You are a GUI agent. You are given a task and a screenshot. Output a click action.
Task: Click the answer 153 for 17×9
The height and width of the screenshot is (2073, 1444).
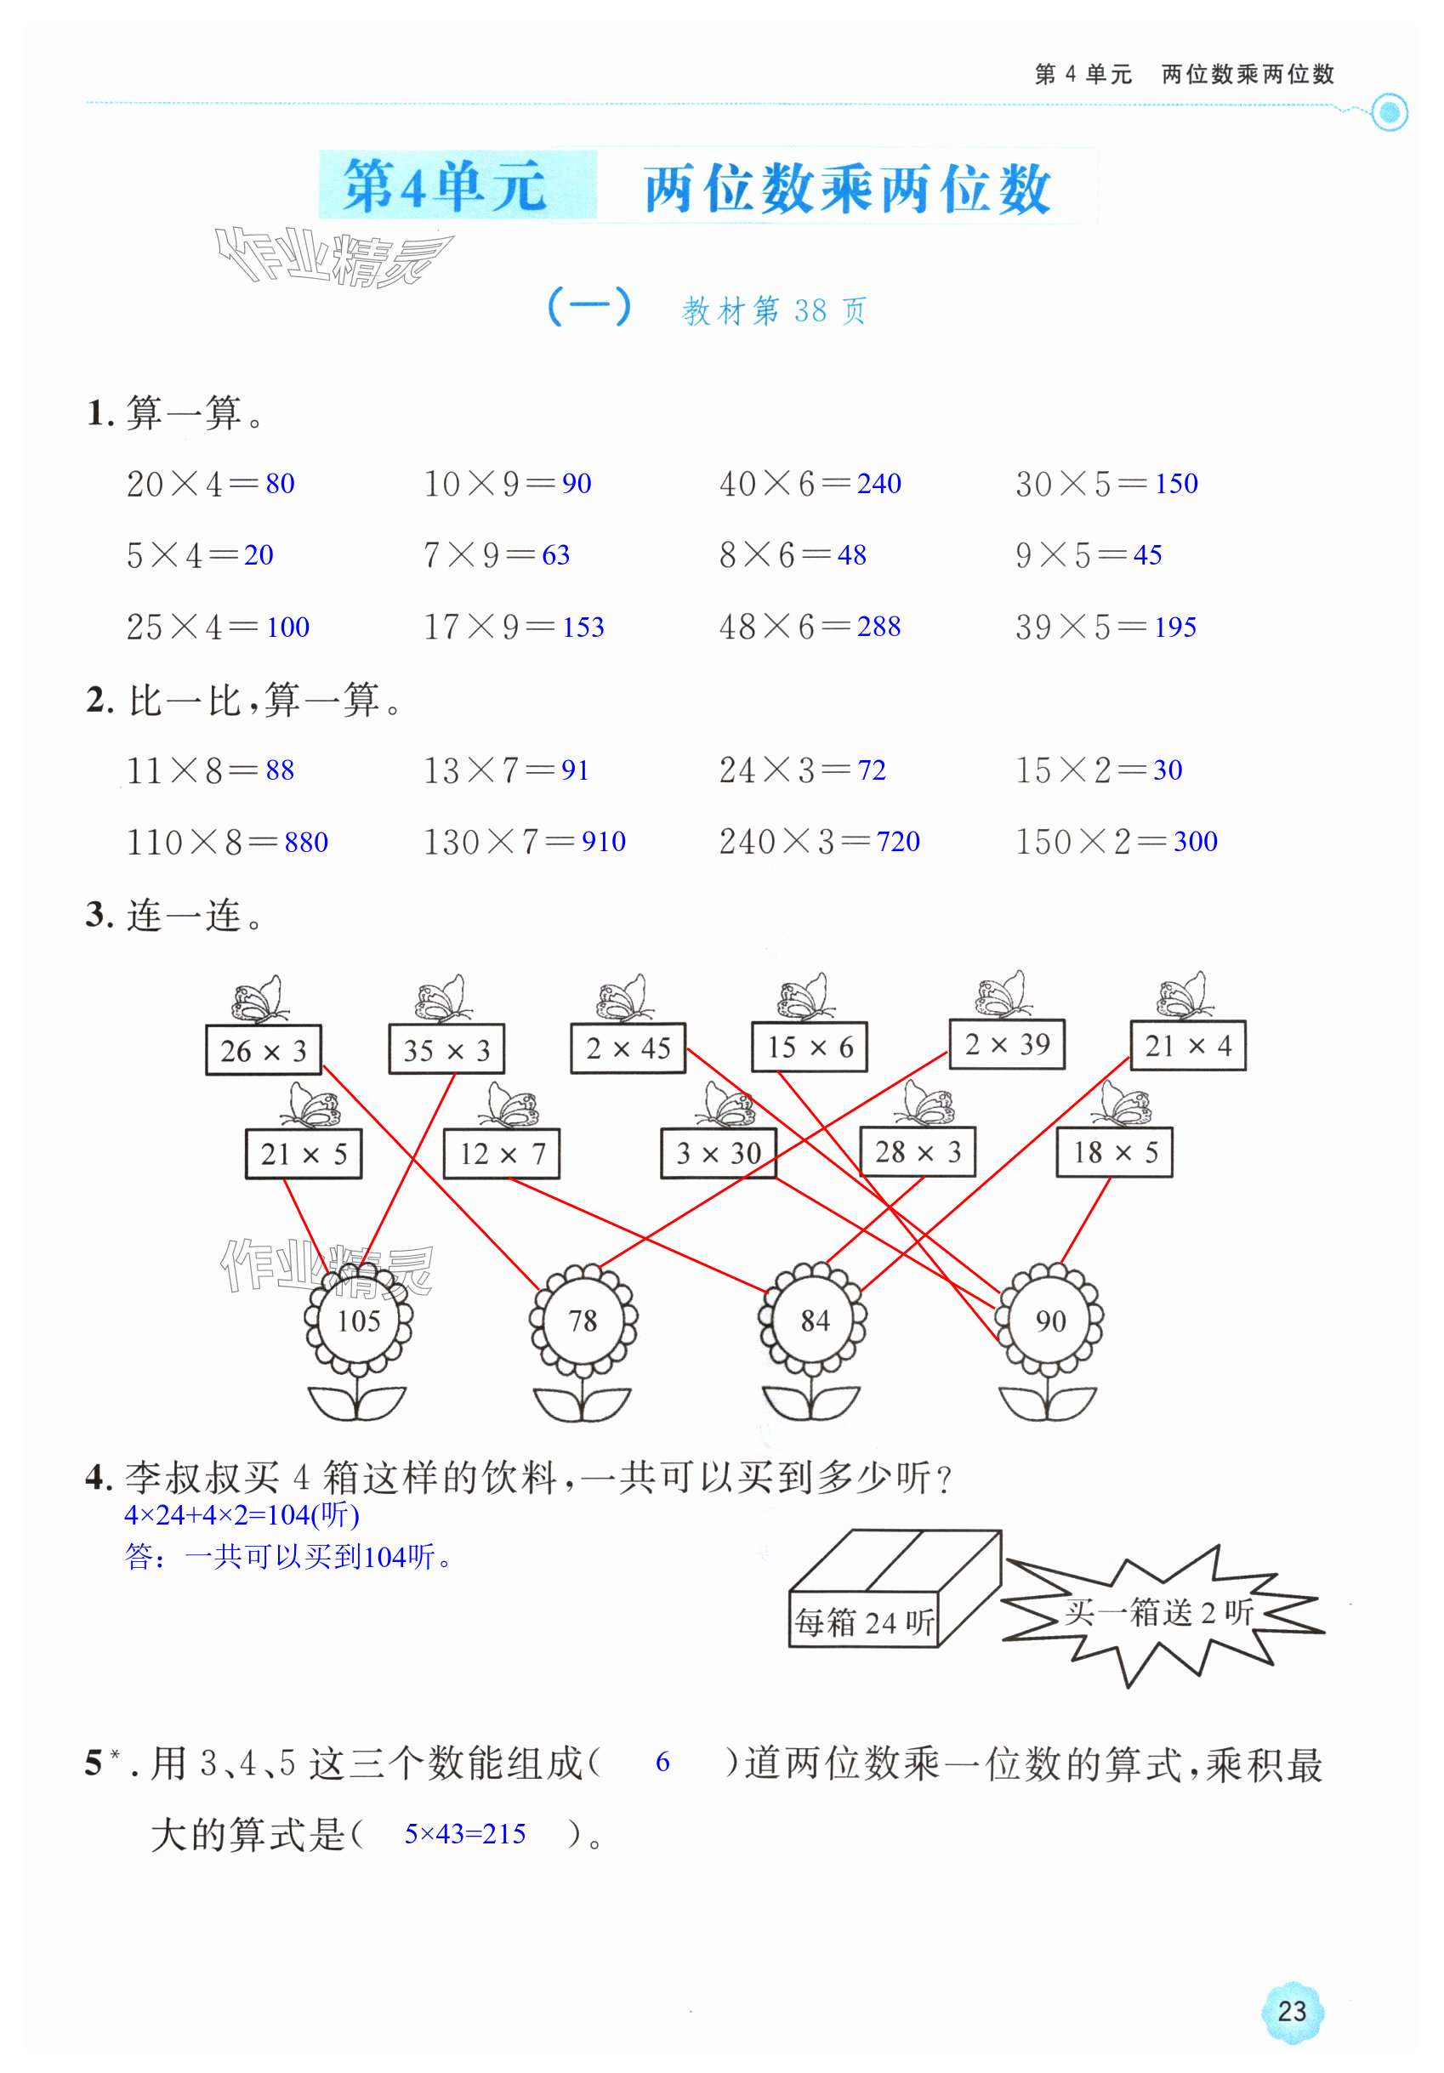pos(583,627)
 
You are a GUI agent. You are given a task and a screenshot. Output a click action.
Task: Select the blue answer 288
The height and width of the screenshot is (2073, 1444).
pos(878,626)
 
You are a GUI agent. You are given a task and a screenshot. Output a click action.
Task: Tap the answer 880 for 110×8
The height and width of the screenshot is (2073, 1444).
pos(305,843)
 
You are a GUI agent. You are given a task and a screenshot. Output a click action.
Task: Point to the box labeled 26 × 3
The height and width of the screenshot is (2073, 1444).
pos(263,1050)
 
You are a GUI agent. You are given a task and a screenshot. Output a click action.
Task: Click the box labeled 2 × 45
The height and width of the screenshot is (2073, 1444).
pos(628,1048)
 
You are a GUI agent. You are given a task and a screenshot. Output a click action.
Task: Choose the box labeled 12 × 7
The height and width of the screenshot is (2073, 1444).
pos(501,1153)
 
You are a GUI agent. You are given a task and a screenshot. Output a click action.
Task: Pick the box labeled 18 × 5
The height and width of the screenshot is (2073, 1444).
pos(1114,1152)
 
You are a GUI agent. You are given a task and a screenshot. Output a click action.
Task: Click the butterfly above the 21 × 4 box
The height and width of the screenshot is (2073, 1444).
pos(1183,995)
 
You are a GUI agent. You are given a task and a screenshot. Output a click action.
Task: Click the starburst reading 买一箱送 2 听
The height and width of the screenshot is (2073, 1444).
pos(1158,1612)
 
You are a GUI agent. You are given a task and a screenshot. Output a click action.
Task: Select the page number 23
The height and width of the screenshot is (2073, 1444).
pos(1292,2011)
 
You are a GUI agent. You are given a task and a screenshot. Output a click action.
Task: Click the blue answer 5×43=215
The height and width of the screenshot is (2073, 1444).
pos(464,1834)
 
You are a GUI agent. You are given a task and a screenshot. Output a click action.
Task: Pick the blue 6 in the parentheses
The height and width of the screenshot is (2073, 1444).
pos(662,1762)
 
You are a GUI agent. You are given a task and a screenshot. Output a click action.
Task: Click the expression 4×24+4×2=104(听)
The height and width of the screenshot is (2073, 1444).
pos(242,1515)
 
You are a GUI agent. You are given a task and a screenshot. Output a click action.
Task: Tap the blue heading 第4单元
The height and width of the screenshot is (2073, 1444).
pos(444,186)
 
